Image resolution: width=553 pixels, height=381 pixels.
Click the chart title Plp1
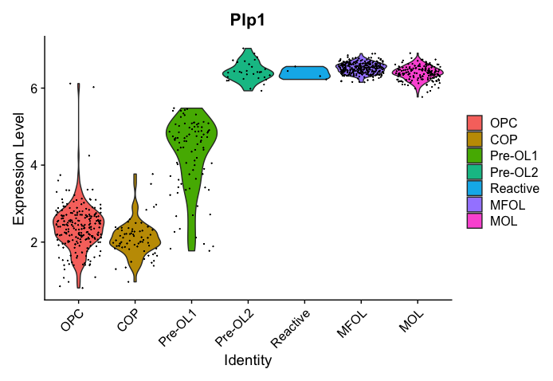pos(249,21)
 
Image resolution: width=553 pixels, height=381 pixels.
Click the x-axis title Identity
pos(249,360)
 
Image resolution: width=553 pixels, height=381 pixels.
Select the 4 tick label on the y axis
pos(34,165)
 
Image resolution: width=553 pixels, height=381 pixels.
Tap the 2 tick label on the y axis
pos(34,242)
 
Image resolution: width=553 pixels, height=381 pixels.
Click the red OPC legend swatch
pos(475,123)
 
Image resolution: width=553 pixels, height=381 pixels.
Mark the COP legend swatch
pos(475,139)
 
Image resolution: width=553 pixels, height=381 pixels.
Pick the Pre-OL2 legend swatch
pos(475,172)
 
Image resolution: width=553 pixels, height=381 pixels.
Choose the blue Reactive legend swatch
pos(475,189)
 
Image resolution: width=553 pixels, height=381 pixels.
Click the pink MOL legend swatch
pos(475,222)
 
